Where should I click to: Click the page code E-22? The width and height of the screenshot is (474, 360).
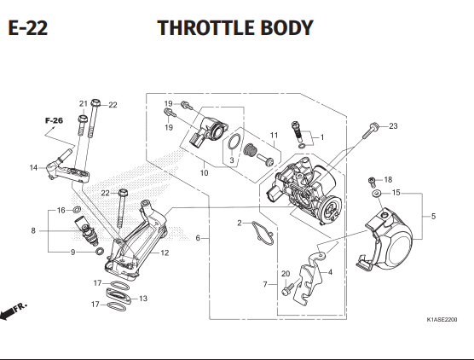coord(28,28)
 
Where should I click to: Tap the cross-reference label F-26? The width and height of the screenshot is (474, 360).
coord(54,120)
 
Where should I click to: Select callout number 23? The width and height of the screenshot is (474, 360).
coord(393,126)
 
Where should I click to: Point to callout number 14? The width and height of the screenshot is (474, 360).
coord(33,167)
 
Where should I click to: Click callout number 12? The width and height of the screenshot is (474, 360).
coord(165,253)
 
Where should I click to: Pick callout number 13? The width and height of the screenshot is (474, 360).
coord(143,299)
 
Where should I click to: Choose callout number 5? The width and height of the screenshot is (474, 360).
coord(433,217)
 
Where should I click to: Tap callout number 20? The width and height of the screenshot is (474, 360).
coord(286,274)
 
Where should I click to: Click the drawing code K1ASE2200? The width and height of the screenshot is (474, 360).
coord(442,319)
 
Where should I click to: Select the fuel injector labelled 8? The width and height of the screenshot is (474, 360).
coord(86,231)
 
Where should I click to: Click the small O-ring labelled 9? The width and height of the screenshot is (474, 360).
coord(100,251)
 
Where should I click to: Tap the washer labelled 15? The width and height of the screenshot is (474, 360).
coord(376,193)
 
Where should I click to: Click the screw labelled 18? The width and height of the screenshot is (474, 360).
coord(372,182)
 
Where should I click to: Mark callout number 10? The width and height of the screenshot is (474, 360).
coord(204,172)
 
